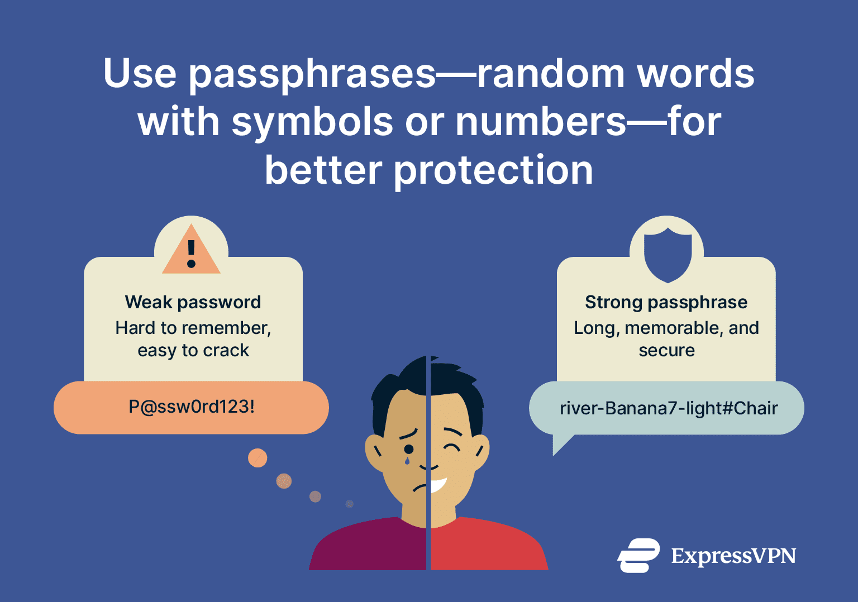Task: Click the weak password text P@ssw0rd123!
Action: click(192, 407)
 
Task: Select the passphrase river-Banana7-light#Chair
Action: click(669, 408)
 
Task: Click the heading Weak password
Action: click(193, 302)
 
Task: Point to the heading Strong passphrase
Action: click(666, 302)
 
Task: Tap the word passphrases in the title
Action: click(312, 74)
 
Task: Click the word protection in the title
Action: click(493, 170)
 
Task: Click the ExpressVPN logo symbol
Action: click(638, 556)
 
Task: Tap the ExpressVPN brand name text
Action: click(733, 556)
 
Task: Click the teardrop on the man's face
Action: click(407, 461)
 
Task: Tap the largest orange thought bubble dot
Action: click(258, 458)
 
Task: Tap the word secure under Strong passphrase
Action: click(666, 350)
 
